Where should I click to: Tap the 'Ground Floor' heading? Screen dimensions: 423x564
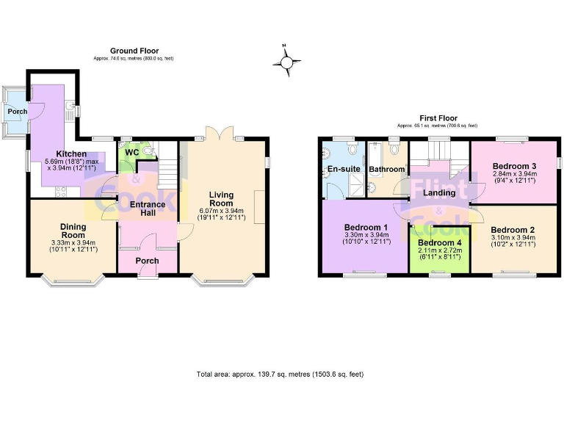click(134, 51)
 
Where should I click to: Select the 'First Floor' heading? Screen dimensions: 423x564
click(438, 118)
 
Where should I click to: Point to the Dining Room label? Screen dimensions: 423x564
click(73, 231)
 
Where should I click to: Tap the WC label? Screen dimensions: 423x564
click(131, 152)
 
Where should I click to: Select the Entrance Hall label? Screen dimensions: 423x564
click(147, 209)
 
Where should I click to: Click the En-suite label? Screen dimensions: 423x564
click(344, 169)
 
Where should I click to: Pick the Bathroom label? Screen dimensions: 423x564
click(386, 170)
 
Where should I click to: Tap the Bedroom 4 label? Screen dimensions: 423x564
click(439, 243)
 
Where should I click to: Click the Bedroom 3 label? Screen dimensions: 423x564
click(514, 166)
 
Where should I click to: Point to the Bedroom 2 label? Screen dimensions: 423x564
click(513, 230)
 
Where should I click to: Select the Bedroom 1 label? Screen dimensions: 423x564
click(366, 228)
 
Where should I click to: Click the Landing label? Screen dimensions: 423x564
click(439, 193)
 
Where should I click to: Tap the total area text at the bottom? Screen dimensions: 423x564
click(280, 374)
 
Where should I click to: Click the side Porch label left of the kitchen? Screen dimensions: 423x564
click(17, 112)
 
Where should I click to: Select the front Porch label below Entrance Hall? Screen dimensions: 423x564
click(148, 261)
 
